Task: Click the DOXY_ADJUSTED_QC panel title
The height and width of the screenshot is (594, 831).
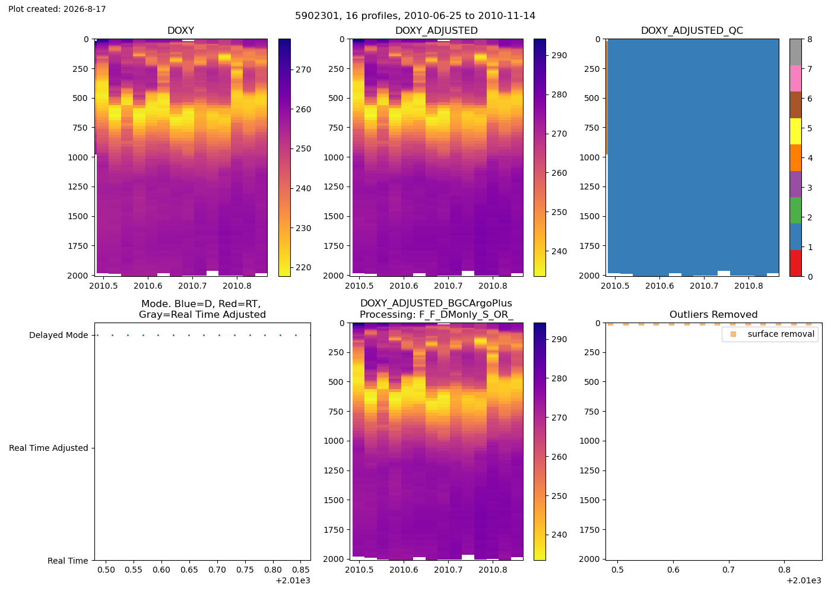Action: click(692, 30)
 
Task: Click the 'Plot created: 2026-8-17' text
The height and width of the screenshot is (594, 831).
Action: click(57, 9)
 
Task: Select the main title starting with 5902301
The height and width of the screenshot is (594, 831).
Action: click(415, 15)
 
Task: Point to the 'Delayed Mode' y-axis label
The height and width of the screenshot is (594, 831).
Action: click(59, 335)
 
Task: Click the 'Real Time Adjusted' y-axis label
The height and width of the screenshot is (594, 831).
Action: click(49, 448)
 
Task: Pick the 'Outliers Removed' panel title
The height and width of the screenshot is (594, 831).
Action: click(713, 314)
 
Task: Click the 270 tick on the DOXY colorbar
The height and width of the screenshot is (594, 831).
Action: click(303, 70)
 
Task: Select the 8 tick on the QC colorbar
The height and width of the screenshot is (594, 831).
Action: click(810, 39)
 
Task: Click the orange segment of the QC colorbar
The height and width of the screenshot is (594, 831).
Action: click(795, 158)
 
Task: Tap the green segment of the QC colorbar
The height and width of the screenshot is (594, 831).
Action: click(795, 210)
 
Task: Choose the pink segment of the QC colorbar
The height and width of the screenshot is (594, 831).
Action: click(795, 78)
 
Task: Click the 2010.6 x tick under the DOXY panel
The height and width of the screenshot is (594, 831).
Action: click(148, 286)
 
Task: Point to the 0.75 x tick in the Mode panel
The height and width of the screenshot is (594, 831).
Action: click(245, 570)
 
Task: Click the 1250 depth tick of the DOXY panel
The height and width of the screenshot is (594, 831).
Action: click(78, 187)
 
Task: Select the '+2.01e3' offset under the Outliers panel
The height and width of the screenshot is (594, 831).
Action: click(804, 581)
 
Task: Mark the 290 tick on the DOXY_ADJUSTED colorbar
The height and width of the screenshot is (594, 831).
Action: click(559, 56)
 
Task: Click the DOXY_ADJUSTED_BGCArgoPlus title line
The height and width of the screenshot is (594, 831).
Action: click(436, 304)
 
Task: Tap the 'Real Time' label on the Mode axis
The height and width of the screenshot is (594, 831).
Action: click(68, 561)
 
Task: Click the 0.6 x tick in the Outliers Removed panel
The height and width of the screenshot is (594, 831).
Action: click(673, 570)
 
